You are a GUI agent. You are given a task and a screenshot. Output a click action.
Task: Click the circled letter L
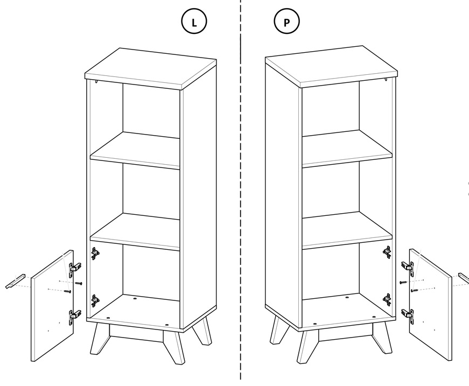click(194, 22)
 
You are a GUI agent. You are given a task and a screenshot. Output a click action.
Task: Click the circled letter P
click(286, 22)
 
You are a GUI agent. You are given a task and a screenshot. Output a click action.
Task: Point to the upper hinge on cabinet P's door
click(408, 265)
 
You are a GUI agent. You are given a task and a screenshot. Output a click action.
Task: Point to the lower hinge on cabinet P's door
click(408, 315)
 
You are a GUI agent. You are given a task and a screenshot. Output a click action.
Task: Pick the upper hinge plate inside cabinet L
click(95, 253)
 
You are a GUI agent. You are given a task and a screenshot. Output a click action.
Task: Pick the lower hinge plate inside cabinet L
click(95, 300)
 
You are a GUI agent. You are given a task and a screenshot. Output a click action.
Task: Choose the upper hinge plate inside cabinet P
click(387, 251)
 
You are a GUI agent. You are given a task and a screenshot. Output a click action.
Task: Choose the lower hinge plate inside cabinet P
click(387, 298)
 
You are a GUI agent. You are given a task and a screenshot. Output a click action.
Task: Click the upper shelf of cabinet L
click(135, 151)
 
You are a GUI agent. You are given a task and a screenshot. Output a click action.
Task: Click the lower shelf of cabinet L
click(135, 232)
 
